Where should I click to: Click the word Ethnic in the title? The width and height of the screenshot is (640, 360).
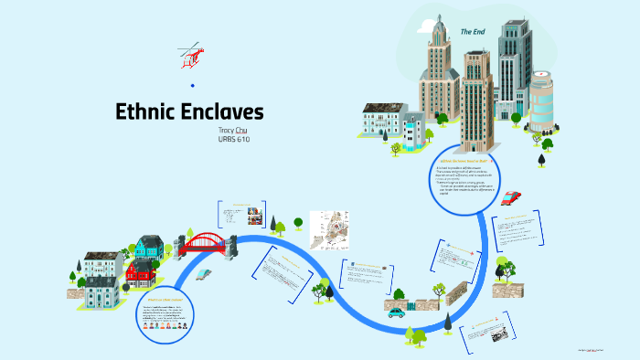pos(149,112)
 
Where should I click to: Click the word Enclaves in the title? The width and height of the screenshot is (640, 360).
pos(224,112)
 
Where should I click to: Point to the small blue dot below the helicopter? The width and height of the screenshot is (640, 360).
pos(192,85)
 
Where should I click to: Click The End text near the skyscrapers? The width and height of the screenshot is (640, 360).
pos(472,31)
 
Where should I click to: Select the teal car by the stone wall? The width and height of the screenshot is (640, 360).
pos(395,312)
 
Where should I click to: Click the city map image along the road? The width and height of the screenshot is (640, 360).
pos(330,229)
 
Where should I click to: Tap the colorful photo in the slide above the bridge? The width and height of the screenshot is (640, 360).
pos(255,217)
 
